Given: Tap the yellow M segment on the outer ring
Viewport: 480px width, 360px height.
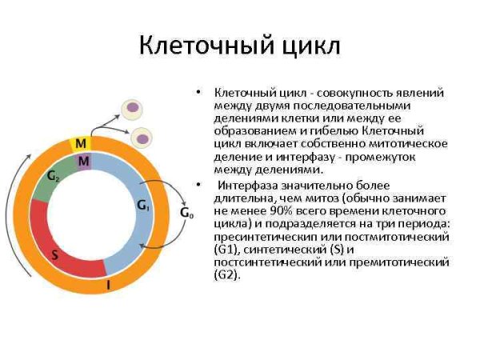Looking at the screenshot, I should tap(81, 143).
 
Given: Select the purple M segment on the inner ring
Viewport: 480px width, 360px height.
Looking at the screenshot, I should tap(84, 162).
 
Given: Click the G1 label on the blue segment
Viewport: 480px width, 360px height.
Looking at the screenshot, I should tap(143, 206).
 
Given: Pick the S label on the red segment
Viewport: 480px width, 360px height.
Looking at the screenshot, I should tap(54, 255).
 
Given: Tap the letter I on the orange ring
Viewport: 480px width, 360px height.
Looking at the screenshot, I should tap(109, 284).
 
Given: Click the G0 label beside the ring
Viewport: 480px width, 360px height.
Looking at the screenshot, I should tap(186, 213).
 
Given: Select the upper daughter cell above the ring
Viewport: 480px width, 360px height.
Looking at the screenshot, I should tap(130, 110).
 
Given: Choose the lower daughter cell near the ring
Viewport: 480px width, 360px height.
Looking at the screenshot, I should tap(142, 138).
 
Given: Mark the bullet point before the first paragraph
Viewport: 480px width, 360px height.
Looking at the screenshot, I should tap(197, 93).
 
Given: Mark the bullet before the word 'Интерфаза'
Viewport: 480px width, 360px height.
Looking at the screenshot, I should tap(197, 185).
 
